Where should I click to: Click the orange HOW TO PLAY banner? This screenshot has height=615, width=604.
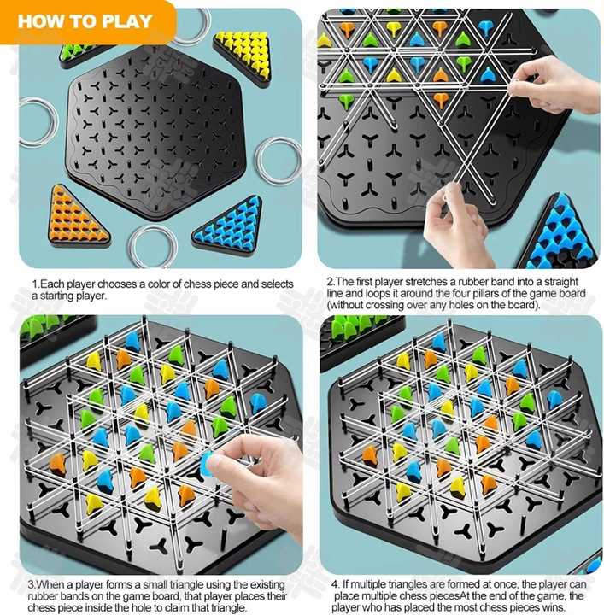tap(87, 21)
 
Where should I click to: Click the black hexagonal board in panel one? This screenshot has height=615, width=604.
tap(155, 132)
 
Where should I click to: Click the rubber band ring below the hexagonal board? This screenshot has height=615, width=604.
tap(132, 246)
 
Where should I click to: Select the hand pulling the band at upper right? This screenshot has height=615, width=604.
tap(553, 85)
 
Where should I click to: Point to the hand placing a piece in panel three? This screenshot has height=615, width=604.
tap(255, 478)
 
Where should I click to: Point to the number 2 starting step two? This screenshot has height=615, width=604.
tap(331, 282)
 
